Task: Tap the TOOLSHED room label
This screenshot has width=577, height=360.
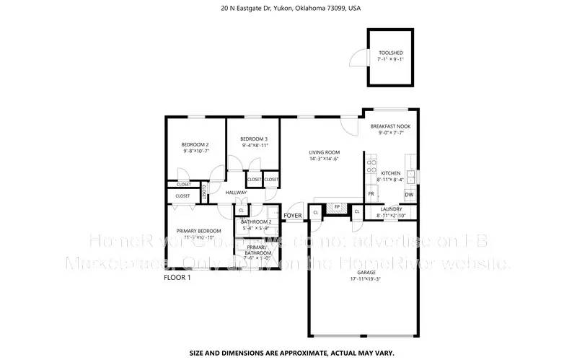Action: coord(391,53)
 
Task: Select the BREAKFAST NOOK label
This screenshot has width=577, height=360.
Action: coord(390,126)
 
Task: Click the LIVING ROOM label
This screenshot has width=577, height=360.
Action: coord(325,152)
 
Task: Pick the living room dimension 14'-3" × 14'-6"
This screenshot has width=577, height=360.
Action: coord(325,159)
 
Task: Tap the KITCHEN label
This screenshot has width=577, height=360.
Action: coord(390,173)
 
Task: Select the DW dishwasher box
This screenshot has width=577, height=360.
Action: coord(409,195)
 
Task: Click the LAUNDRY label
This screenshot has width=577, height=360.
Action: coord(390,209)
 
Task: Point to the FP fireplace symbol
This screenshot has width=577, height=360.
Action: coord(337,207)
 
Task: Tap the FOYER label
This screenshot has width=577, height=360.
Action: coord(293,216)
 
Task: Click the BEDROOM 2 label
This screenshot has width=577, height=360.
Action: coord(195,144)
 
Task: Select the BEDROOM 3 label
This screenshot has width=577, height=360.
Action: coord(254,139)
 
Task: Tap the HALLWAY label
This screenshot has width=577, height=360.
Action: coord(236,193)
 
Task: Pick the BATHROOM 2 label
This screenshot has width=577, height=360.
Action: coord(256,222)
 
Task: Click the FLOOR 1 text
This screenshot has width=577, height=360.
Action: coord(177,278)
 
